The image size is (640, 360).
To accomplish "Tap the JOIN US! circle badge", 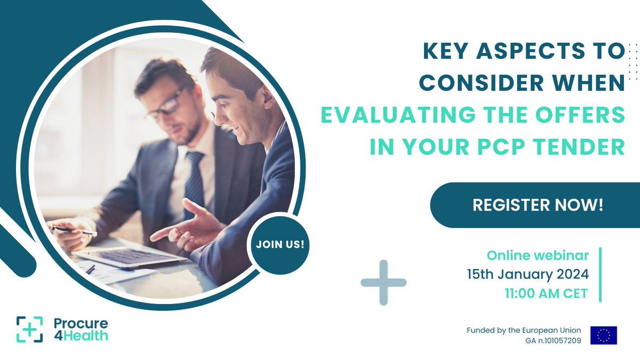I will (x=279, y=245).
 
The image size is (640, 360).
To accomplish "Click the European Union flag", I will (x=603, y=335).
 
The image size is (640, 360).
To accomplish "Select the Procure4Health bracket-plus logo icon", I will (x=29, y=329).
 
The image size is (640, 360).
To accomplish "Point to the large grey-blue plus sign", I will (x=383, y=283).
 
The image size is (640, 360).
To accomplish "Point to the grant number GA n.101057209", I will (x=553, y=340).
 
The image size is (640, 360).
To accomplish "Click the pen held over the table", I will (x=75, y=230).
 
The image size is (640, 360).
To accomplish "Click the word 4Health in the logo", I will (x=81, y=335).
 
